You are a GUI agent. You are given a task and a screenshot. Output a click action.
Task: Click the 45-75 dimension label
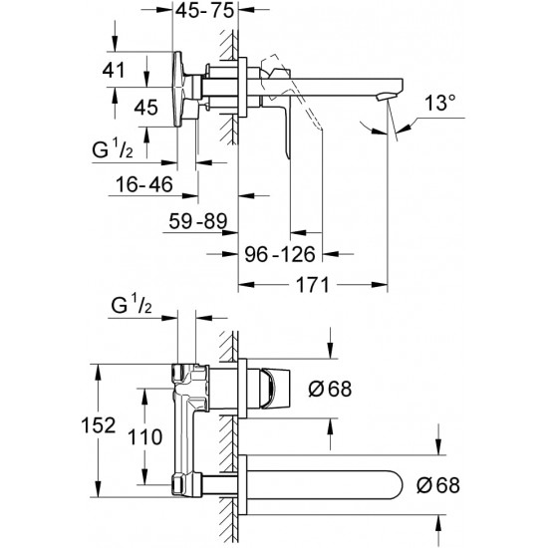point(204,11)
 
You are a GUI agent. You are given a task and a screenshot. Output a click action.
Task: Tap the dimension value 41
point(114,70)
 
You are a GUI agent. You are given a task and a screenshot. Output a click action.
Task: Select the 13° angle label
point(439,103)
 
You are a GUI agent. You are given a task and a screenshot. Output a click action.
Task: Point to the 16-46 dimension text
point(144,184)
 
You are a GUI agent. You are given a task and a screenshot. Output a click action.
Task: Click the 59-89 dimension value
point(198,221)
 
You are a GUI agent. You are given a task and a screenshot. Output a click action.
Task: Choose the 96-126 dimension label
point(280,254)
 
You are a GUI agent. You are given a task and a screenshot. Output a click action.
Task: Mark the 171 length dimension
point(313,285)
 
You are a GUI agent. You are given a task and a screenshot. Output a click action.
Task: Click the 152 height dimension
point(98,425)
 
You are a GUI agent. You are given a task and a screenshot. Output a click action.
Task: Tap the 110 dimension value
point(145,436)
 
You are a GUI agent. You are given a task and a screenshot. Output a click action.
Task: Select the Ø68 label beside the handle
point(330,389)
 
